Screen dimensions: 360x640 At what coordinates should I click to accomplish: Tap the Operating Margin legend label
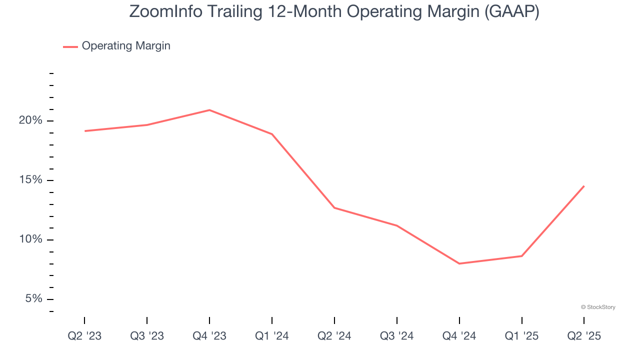[126, 46]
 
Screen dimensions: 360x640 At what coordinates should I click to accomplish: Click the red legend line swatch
[70, 46]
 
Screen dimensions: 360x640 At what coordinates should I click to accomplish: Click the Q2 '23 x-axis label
[84, 336]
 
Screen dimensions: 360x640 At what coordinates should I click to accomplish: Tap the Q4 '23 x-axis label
[209, 336]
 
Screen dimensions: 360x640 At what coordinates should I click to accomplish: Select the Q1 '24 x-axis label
[272, 336]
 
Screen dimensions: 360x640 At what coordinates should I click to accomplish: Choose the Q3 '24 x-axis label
[397, 336]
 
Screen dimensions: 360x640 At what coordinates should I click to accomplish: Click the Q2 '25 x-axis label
[584, 336]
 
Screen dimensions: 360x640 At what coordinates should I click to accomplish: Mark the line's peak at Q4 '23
[209, 110]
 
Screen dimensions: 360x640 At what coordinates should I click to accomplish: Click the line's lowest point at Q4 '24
[459, 263]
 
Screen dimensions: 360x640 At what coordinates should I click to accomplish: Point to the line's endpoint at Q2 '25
[583, 186]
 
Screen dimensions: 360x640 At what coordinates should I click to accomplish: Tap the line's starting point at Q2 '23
[85, 131]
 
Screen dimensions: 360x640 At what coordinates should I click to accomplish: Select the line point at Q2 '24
[334, 207]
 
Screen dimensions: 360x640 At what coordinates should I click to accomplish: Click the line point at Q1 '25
[521, 256]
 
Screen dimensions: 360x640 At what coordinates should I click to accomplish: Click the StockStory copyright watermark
[598, 307]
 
